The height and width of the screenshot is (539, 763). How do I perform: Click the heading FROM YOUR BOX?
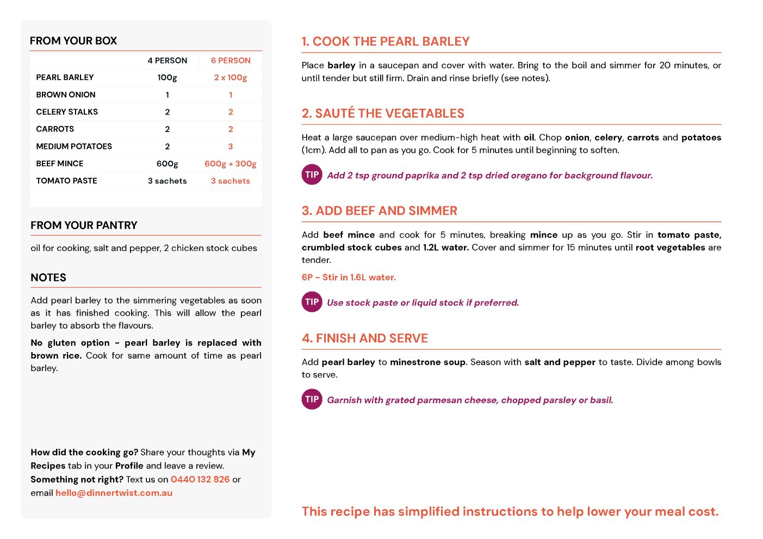[x=73, y=41]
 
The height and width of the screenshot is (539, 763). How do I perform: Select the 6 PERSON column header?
[x=231, y=60]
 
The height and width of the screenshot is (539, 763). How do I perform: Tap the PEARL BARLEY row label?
[x=65, y=77]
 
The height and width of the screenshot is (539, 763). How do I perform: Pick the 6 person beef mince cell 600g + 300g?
[x=231, y=164]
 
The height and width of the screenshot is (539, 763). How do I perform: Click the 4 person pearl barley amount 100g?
[x=167, y=77]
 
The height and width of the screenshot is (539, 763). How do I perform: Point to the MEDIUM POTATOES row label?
[x=74, y=146]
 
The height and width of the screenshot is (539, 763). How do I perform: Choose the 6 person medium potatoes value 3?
[x=231, y=146]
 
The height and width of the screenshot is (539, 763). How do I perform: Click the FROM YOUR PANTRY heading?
[x=84, y=225]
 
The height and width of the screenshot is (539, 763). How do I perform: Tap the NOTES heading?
[x=48, y=277]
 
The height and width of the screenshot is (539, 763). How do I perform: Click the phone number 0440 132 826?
[x=200, y=479]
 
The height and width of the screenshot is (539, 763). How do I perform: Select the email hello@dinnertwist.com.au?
[x=114, y=493]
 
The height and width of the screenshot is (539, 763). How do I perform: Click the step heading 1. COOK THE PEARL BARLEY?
[x=386, y=41]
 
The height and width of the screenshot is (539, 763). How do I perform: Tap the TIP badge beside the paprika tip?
[x=312, y=174]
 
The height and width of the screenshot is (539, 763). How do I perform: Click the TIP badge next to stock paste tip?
[x=312, y=302]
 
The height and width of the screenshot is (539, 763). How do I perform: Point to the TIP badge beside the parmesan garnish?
[x=312, y=399]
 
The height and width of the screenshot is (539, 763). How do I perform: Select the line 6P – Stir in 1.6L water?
[x=349, y=277]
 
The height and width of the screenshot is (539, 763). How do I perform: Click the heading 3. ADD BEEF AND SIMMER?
[x=380, y=211]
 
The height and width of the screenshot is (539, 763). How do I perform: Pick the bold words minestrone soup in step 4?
[x=427, y=362]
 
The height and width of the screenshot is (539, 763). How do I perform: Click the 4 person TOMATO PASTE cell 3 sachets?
[x=167, y=181]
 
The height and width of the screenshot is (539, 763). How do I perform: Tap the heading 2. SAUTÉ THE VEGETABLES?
[x=383, y=113]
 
